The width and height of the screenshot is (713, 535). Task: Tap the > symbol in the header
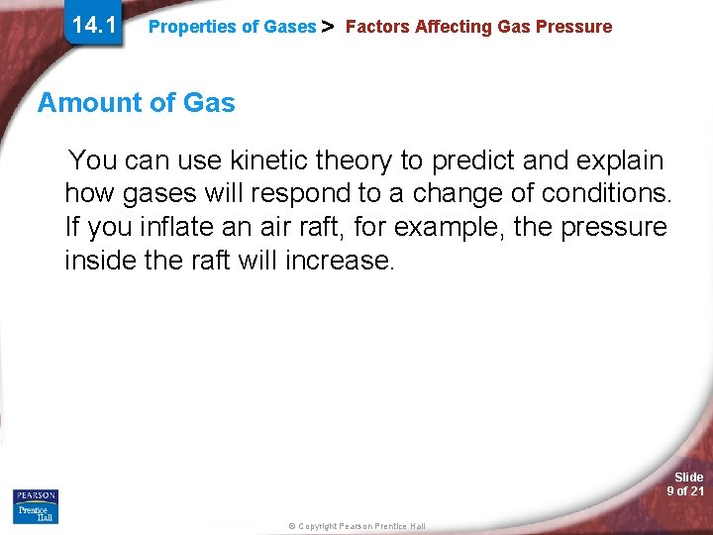coord(330,27)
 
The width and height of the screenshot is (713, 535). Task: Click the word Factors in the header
coord(377,27)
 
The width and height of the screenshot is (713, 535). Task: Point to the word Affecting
coord(452,27)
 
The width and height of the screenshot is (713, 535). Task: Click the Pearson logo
coord(35,495)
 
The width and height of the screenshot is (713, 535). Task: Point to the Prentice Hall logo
coord(35,513)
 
